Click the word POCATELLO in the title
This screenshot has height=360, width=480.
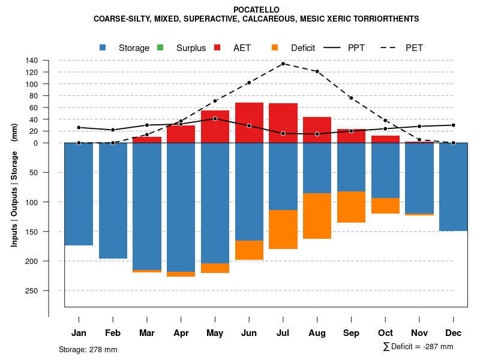point(256,10)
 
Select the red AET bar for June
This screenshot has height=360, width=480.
point(249,123)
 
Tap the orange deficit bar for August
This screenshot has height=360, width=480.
point(317,216)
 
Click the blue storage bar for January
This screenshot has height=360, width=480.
point(79,194)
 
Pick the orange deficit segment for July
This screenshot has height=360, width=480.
point(283,229)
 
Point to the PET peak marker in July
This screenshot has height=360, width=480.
point(283,64)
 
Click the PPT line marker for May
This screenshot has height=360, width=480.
point(215,118)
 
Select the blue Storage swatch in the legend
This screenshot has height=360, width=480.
point(103,48)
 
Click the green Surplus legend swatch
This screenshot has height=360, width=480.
point(160,48)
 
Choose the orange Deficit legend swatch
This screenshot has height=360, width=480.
point(275,48)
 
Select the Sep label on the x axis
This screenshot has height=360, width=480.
point(351,333)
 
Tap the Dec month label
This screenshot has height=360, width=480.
point(454,333)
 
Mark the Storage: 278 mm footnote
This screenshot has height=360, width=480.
point(88,349)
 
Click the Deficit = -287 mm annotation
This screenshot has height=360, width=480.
point(418,347)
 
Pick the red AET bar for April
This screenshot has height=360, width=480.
point(181,134)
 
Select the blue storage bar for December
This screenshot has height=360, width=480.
point(454,187)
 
